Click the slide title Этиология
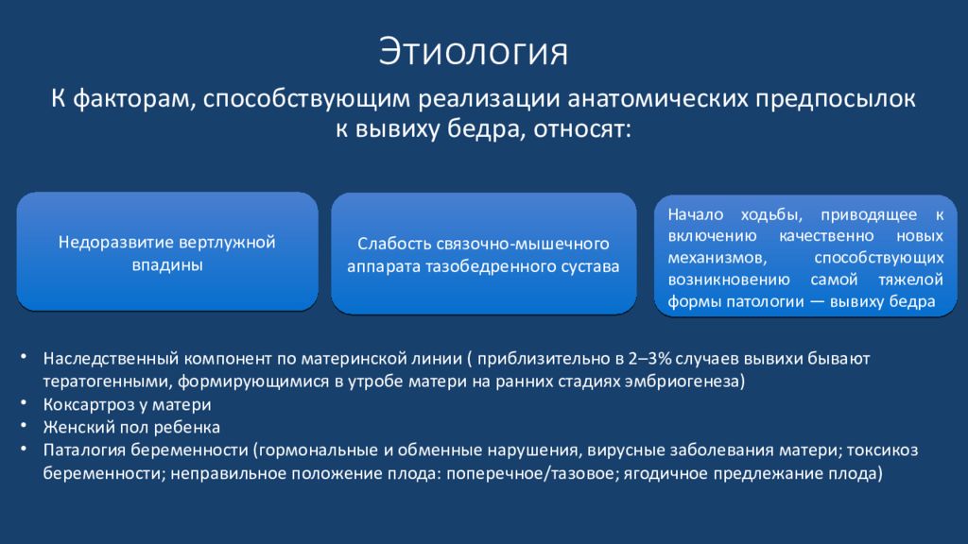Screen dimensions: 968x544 point(473,52)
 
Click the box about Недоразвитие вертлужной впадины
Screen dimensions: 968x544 point(167,251)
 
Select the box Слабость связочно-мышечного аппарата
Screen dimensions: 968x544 point(483,253)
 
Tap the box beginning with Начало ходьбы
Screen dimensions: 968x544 point(805,256)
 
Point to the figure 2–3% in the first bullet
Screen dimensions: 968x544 point(649,358)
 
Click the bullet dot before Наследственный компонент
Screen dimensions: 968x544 point(24,357)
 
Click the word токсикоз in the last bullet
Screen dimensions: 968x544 point(882,450)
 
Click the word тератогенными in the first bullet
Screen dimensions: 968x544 point(108,382)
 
